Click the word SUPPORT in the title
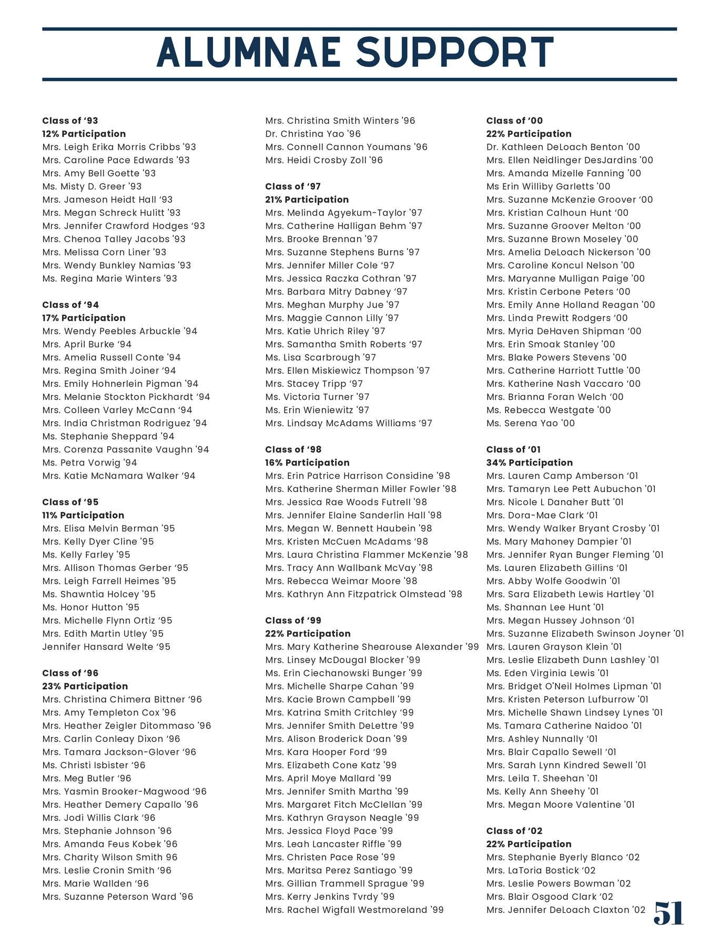pos(454,52)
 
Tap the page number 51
pos(668,913)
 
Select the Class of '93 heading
pos(70,120)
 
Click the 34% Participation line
pos(529,462)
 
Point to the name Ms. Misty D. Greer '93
pos(92,186)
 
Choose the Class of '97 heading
pos(292,186)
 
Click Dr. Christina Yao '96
pos(313,134)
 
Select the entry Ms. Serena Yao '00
pos(530,423)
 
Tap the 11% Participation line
pos(83,515)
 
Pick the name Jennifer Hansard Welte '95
pos(106,647)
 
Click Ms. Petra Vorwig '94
pos(89,462)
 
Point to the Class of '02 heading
pos(514,831)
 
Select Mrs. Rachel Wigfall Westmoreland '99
pos(354,910)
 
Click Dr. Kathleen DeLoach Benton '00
pos(563,147)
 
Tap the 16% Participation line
pos(307,462)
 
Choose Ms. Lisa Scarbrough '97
pos(320,357)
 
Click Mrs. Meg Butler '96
pos(86,778)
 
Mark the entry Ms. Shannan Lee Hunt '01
pos(545,607)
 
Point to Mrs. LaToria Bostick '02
pos(541,870)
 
